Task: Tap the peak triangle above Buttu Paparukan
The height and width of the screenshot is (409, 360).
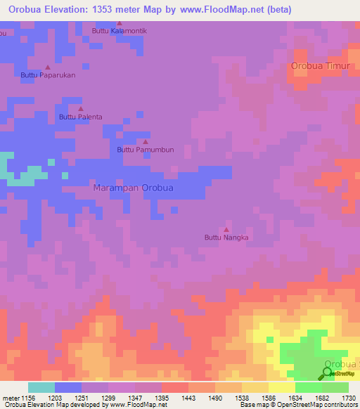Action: [x=47, y=67]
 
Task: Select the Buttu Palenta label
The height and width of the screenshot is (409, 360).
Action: [x=80, y=117]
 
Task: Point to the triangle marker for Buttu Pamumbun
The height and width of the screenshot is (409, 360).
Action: [x=145, y=141]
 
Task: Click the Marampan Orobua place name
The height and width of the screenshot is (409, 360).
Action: [x=134, y=188]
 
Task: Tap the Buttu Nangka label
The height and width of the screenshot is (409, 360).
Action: [x=226, y=238]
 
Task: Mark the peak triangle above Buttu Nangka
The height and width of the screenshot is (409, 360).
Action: [x=226, y=229]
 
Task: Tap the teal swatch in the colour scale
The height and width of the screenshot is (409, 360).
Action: [x=41, y=387]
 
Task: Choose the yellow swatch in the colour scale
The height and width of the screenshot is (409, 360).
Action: [x=281, y=387]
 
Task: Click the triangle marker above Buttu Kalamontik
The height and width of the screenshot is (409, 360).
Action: [x=119, y=23]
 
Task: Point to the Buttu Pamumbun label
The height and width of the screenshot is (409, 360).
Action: [x=145, y=150]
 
